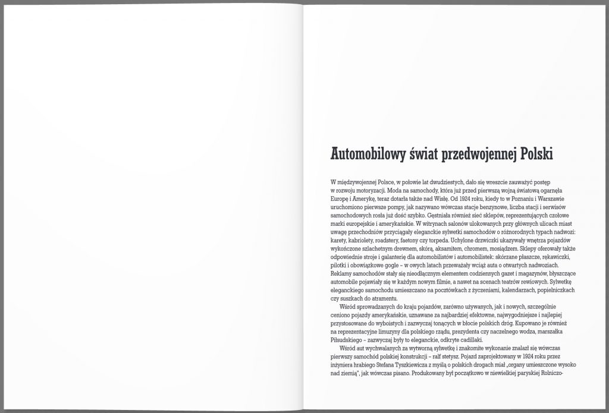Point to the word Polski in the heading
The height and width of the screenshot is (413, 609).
tap(536, 153)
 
